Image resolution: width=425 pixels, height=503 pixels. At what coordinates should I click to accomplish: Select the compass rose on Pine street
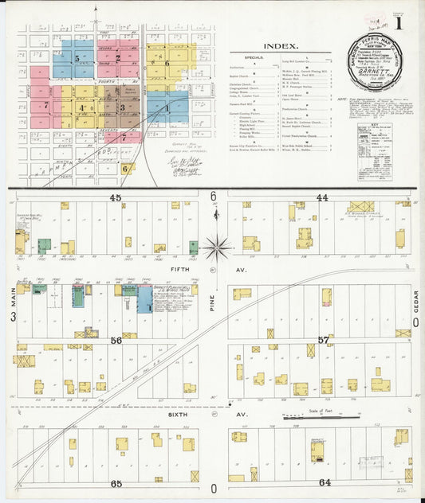point(215,248)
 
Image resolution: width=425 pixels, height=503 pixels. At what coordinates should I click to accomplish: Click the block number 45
point(116,197)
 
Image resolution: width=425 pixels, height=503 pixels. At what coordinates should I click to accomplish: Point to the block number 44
point(321,197)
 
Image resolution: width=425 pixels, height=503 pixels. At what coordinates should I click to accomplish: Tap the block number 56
point(116,340)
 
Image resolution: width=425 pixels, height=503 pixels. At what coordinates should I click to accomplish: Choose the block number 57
point(323,340)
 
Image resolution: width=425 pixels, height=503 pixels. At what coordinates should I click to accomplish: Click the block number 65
point(116,483)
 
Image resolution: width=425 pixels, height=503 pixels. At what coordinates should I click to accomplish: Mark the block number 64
point(325,483)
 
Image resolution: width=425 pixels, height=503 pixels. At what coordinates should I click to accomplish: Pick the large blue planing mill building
point(145,301)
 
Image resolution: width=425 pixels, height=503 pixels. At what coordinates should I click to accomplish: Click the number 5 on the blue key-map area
point(77,58)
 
